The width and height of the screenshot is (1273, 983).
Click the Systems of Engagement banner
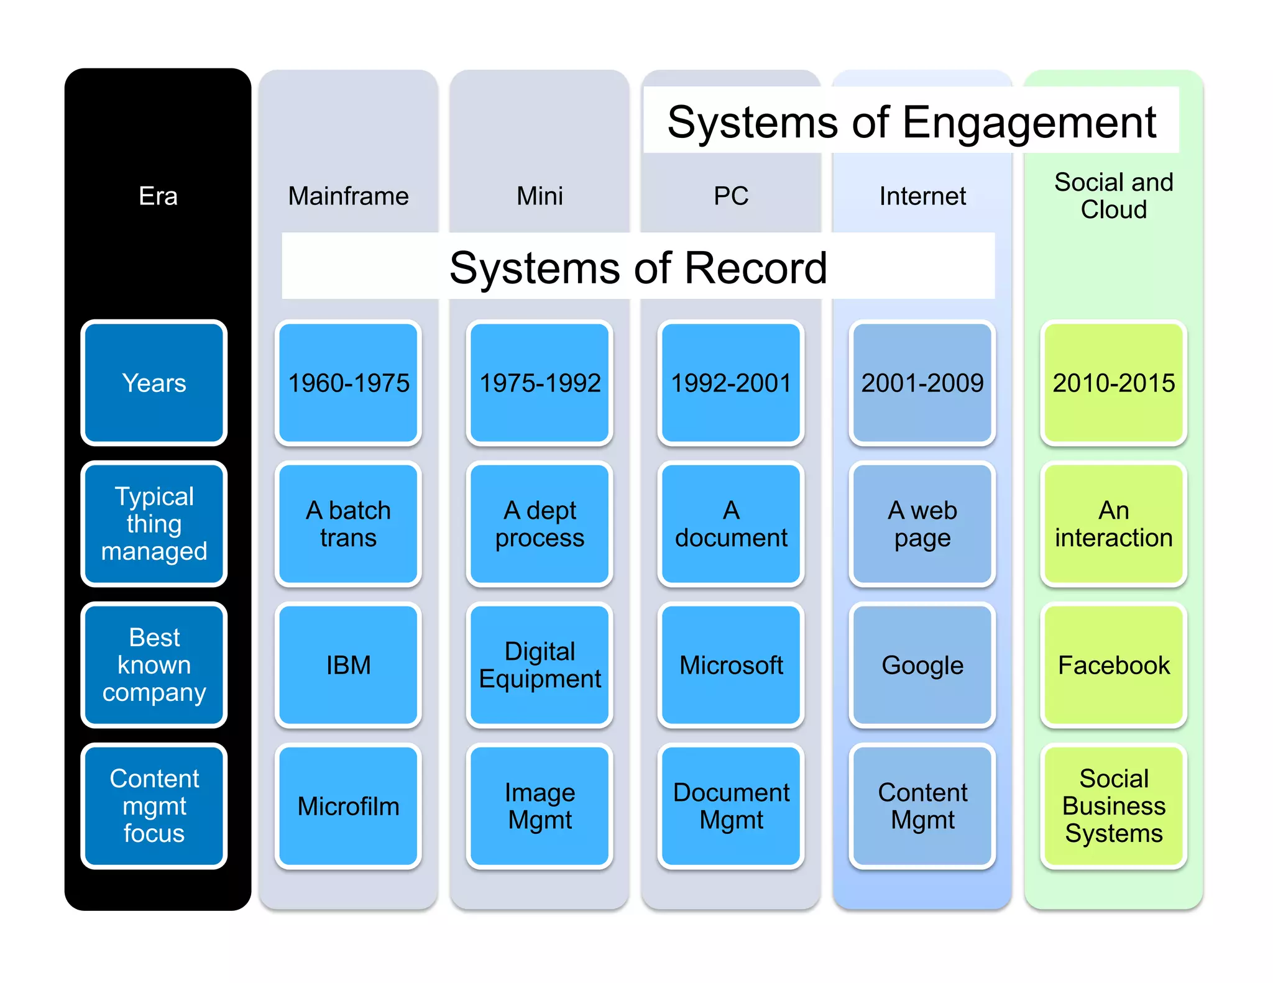911,121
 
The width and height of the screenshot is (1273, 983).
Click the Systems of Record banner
638,267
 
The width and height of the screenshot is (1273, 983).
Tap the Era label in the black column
158,196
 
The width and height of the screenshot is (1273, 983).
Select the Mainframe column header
348,196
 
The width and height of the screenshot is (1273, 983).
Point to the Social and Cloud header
1113,196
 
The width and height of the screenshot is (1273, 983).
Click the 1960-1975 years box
348,383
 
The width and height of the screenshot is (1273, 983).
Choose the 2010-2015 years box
1113,383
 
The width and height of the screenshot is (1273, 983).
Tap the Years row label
154,383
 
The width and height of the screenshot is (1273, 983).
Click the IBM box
348,665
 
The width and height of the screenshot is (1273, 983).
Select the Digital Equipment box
540,665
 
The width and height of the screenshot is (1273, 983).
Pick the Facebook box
1113,665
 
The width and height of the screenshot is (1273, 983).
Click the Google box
922,665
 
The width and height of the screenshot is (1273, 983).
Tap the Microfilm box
348,806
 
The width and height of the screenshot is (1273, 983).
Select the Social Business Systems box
1113,806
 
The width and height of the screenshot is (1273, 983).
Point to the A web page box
922,524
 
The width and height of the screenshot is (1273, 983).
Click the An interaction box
1113,524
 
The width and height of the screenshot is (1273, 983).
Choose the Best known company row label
154,665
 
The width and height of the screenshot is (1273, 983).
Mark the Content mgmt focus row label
154,806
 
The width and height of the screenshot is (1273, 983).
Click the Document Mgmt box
731,806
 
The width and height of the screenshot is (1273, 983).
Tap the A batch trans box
348,524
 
